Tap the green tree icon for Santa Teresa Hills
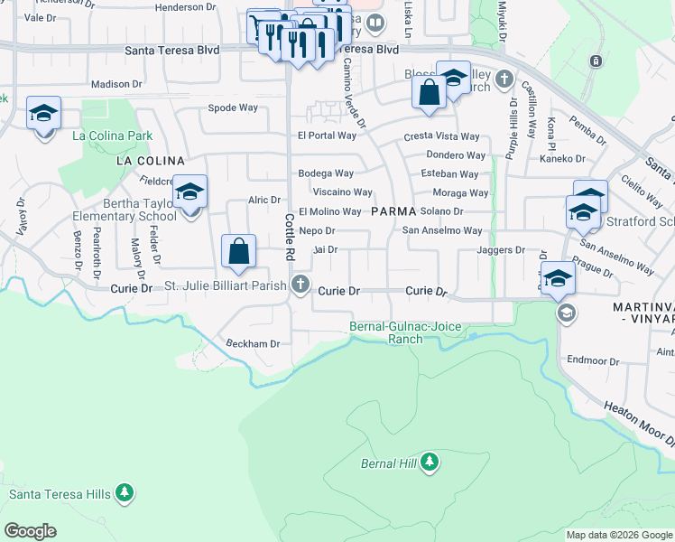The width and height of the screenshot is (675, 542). click(125, 493)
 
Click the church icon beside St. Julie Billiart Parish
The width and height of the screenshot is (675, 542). click(301, 287)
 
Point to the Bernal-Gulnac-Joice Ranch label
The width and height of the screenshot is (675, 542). click(405, 332)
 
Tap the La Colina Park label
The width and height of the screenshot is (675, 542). click(113, 136)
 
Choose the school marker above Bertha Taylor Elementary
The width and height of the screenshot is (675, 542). click(190, 193)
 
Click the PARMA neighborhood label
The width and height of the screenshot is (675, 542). click(393, 210)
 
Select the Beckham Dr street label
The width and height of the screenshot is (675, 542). click(254, 344)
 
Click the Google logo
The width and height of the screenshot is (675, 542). click(30, 531)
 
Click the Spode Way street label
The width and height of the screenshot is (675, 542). click(233, 107)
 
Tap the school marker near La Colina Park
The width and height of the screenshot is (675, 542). click(43, 115)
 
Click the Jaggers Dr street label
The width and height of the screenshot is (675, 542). click(501, 249)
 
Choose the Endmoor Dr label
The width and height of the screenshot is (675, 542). click(593, 360)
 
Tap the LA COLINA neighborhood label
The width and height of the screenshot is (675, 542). click(143, 160)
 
